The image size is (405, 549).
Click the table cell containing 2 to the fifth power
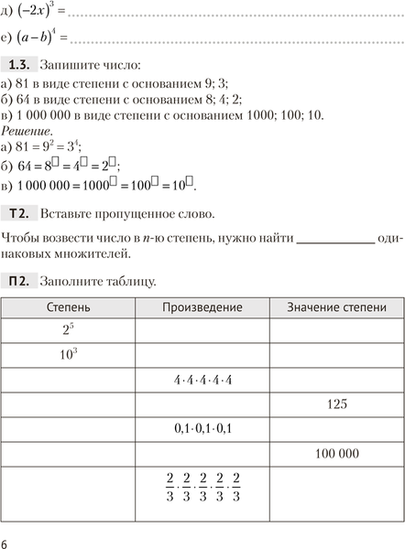click(x=69, y=330)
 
